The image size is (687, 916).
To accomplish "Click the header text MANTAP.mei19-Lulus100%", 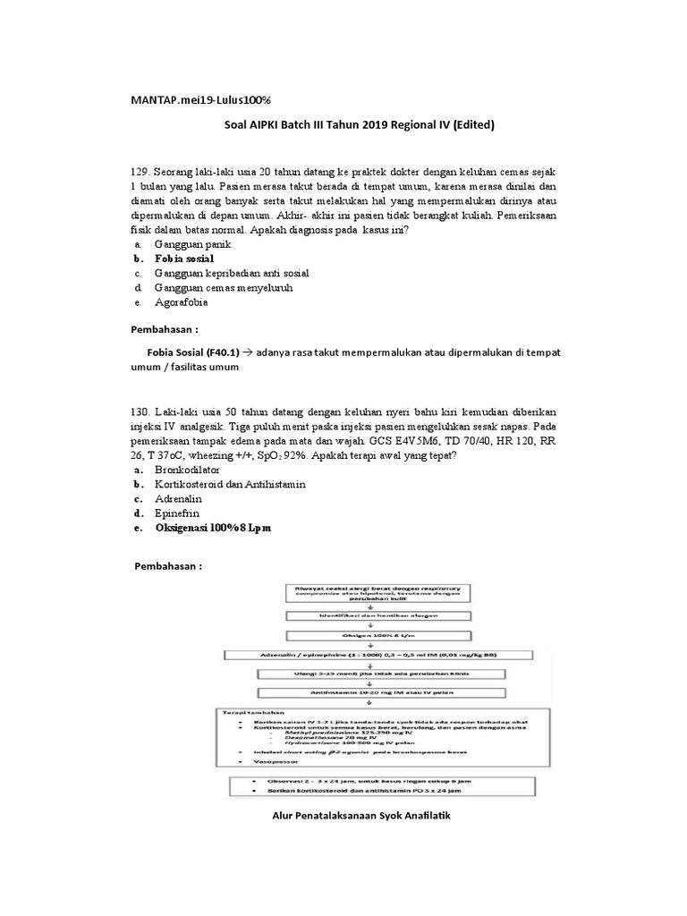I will [201, 97].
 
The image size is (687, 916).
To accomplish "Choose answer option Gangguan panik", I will [192, 243].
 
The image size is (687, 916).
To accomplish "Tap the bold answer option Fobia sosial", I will [191, 259].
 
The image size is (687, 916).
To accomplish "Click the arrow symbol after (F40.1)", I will [249, 352].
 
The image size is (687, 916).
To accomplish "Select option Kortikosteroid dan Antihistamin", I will [230, 483].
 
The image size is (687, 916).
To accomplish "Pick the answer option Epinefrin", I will [178, 513].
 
